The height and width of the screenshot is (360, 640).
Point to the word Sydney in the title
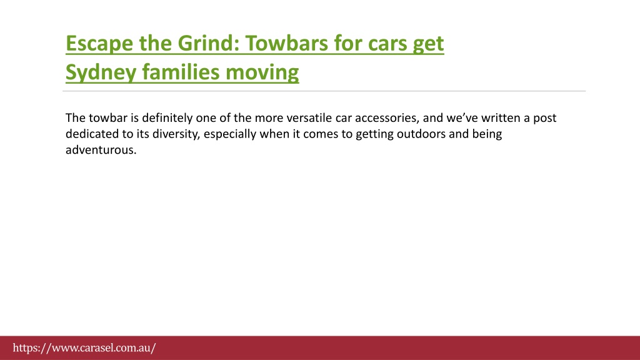tap(101, 73)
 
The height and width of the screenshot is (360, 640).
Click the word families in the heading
tap(181, 72)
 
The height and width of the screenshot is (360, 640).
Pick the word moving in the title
tap(262, 73)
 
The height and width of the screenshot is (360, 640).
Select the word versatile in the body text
tap(309, 118)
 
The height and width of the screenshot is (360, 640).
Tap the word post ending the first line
tap(545, 118)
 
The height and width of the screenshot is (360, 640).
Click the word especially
tap(230, 134)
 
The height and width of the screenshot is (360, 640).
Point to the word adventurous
tap(101, 150)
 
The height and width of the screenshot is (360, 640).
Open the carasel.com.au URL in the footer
tap(84, 348)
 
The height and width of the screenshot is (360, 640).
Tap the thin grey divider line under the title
tap(324, 91)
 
